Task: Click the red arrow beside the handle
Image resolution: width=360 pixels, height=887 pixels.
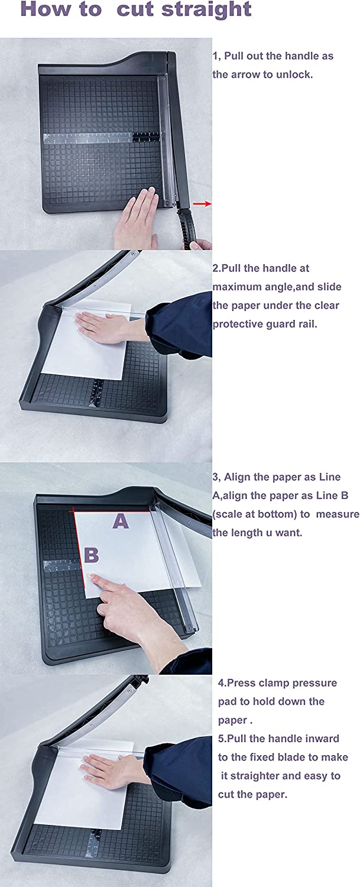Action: (x=202, y=203)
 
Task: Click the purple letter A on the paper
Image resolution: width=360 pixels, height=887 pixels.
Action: (x=121, y=521)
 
